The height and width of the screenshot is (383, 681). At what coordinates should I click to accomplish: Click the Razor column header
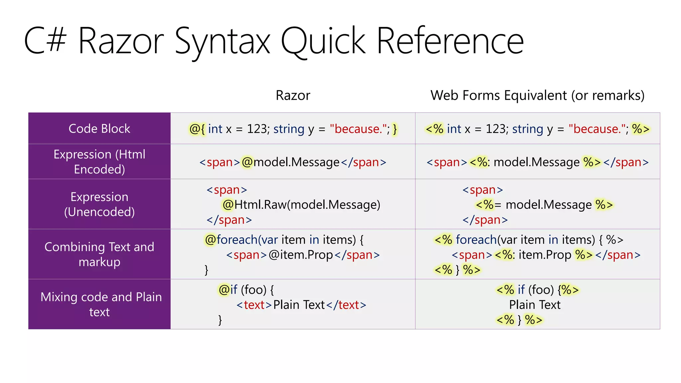(293, 95)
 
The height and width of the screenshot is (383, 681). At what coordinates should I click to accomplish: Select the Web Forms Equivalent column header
(537, 95)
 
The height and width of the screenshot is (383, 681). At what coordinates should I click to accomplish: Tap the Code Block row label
(99, 129)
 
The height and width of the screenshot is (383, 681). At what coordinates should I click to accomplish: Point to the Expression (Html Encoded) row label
(99, 162)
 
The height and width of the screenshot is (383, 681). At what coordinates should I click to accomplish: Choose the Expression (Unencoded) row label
(99, 204)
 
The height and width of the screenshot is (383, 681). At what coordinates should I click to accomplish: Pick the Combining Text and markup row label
(99, 254)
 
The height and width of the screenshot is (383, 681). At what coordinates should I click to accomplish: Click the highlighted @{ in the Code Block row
(197, 129)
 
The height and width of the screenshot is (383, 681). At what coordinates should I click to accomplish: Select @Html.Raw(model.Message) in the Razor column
(301, 205)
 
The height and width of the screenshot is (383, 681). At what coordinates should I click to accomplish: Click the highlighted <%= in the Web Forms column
(488, 205)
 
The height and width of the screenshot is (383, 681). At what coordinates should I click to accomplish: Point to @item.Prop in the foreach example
(301, 255)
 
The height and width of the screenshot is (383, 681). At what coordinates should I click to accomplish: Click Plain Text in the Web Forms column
(535, 305)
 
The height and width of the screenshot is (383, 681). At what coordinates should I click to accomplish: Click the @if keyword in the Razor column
(228, 290)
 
